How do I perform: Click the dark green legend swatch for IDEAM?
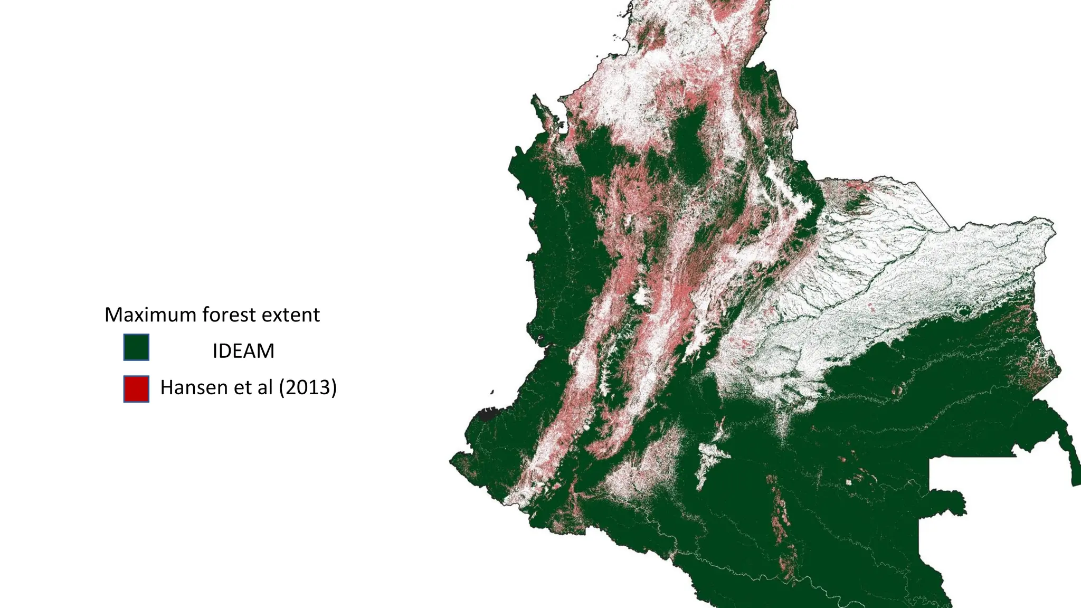[136, 347]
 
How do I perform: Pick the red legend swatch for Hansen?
[136, 389]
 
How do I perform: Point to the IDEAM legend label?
[243, 351]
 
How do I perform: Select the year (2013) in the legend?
[308, 387]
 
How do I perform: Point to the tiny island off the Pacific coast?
[492, 392]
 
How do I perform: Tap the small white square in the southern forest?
[849, 482]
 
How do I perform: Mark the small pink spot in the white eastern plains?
[870, 306]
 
